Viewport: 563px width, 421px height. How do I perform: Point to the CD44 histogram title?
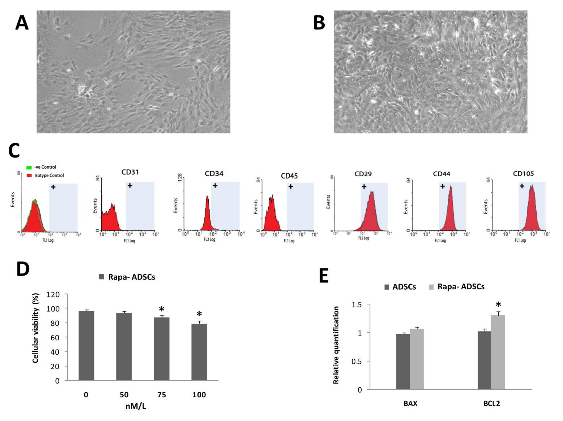click(x=442, y=174)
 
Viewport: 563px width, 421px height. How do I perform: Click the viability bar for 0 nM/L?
click(x=86, y=346)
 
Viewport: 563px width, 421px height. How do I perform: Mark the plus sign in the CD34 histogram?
click(x=215, y=186)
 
